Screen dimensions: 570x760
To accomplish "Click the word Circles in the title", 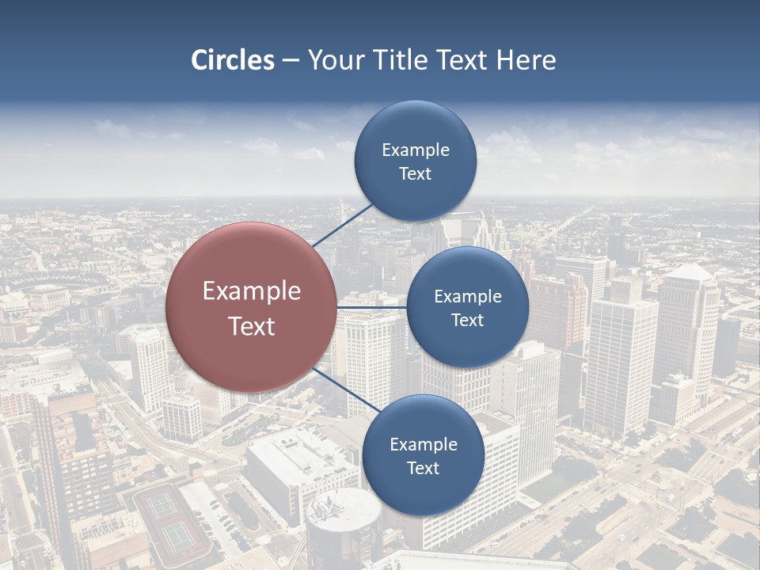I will click(x=232, y=60).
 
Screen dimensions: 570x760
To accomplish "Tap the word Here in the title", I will click(x=526, y=60).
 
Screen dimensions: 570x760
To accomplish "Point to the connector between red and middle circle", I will click(x=372, y=307).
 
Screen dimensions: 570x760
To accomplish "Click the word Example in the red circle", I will click(x=251, y=291).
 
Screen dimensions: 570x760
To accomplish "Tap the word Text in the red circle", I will click(x=251, y=326).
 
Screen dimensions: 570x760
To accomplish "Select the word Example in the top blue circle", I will click(x=415, y=150).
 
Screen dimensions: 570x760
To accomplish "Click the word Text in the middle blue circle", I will click(x=467, y=320).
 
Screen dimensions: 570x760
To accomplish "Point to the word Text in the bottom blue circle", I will click(x=423, y=468).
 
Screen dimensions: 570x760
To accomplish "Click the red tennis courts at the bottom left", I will click(x=170, y=522).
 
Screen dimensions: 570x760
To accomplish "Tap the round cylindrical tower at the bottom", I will click(x=344, y=526).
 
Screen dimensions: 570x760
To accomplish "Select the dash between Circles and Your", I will click(x=291, y=61).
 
